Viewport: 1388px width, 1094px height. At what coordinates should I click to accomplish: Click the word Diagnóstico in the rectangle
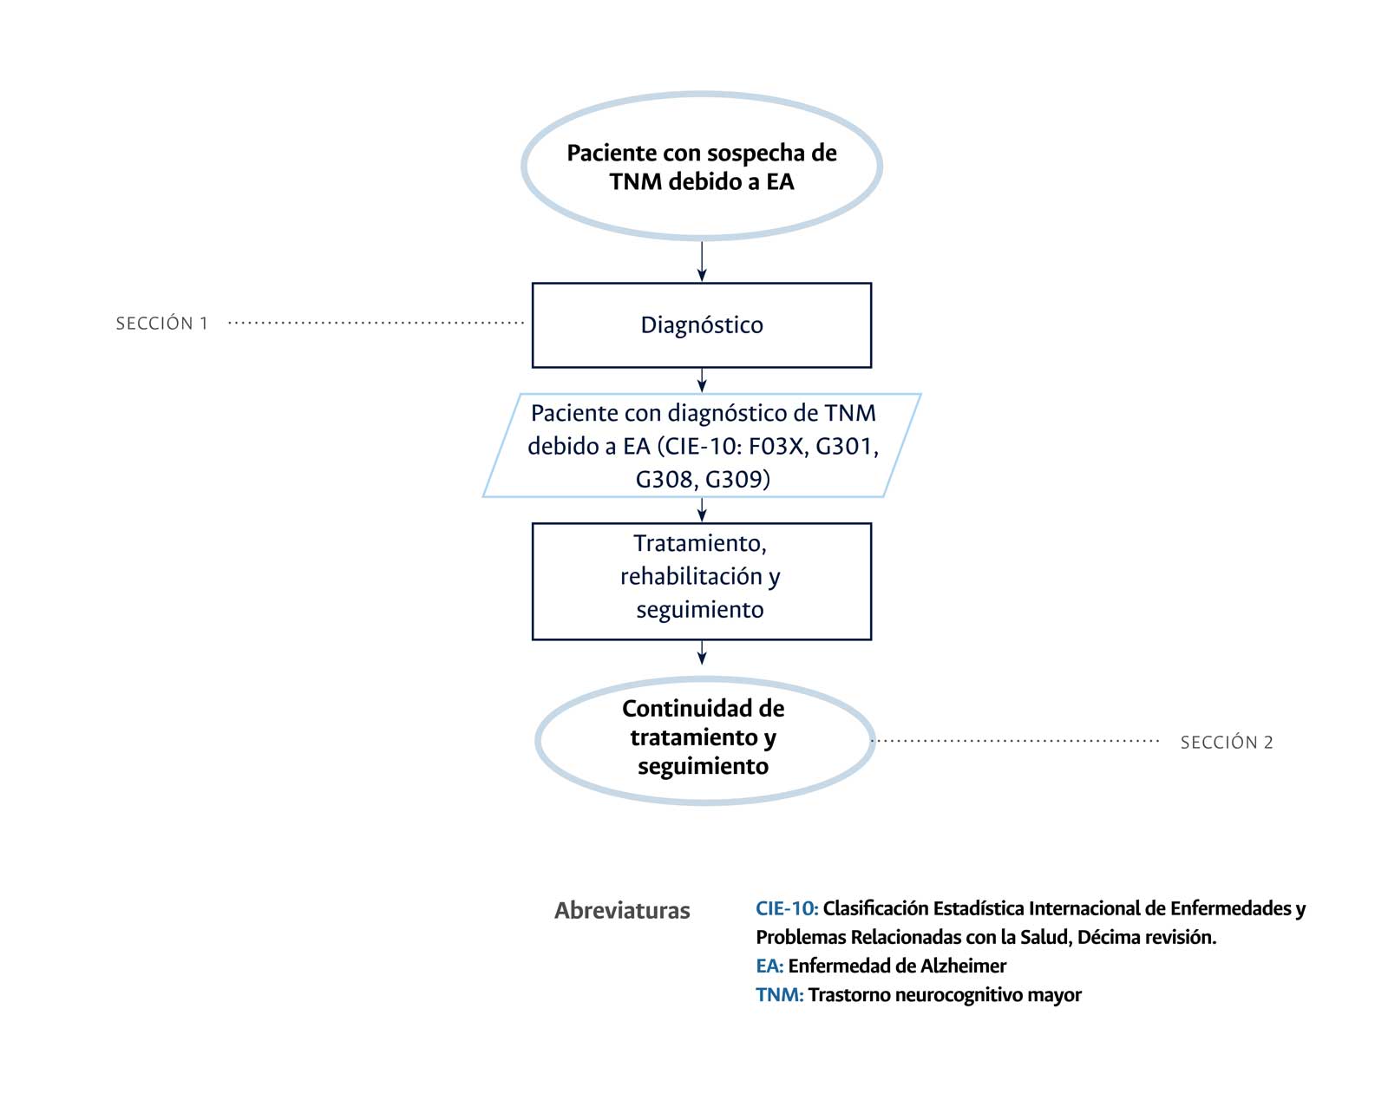pos(701,324)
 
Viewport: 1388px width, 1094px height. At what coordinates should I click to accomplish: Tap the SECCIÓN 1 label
pos(162,324)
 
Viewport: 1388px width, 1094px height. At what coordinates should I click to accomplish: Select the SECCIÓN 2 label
pos(1226,742)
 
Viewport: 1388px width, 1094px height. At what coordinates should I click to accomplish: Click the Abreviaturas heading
pos(622,910)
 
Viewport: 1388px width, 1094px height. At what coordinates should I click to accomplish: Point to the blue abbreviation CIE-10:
pos(786,908)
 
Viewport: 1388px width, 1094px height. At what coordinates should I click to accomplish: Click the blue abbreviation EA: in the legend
pos(769,966)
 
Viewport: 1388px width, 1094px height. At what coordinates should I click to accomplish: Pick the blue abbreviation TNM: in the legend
pos(779,994)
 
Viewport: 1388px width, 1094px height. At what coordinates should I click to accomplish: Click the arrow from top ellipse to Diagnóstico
pos(702,261)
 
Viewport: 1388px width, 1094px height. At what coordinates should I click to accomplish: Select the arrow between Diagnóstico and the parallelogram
pos(702,380)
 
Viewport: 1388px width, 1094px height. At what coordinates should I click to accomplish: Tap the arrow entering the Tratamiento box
pos(702,510)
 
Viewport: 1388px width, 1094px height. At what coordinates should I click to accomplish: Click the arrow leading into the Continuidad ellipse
pos(702,652)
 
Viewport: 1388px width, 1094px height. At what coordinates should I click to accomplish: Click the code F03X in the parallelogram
pos(777,446)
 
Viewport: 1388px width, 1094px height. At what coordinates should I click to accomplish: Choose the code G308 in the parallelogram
pos(664,479)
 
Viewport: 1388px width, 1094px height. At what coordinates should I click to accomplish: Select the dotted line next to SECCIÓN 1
pos(376,323)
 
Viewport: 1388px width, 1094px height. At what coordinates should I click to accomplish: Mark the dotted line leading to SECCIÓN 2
pos(1015,741)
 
